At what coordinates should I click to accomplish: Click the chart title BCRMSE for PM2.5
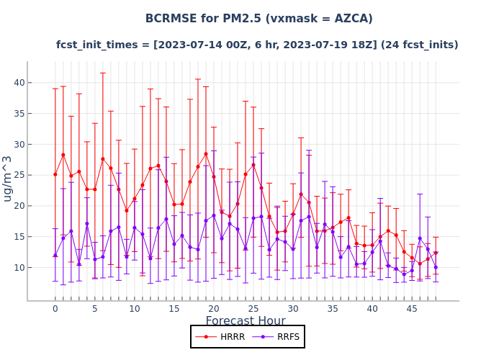pyautogui.click(x=258, y=19)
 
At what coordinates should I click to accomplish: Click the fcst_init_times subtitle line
pyautogui.click(x=257, y=45)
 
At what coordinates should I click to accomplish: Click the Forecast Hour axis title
pyautogui.click(x=246, y=321)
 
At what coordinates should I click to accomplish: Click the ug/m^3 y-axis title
pyautogui.click(x=8, y=178)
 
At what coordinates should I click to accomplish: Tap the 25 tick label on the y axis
pyautogui.click(x=19, y=175)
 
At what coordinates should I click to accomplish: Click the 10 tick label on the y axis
pyautogui.click(x=19, y=267)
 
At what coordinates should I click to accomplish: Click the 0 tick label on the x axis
pyautogui.click(x=55, y=309)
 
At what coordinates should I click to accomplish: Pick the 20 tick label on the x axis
pyautogui.click(x=213, y=309)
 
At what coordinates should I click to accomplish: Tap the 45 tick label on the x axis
pyautogui.click(x=412, y=309)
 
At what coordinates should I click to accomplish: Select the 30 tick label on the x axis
pyautogui.click(x=293, y=309)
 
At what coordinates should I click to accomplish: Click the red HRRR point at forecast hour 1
pyautogui.click(x=63, y=155)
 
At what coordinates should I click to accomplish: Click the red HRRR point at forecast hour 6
pyautogui.click(x=102, y=159)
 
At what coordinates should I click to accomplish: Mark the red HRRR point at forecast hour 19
pyautogui.click(x=205, y=154)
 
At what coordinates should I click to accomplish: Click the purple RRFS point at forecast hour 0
pyautogui.click(x=55, y=255)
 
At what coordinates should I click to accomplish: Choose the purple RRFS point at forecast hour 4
pyautogui.click(x=86, y=223)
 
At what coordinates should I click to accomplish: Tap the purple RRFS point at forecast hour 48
pyautogui.click(x=436, y=267)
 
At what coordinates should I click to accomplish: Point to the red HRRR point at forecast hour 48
pyautogui.click(x=436, y=253)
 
